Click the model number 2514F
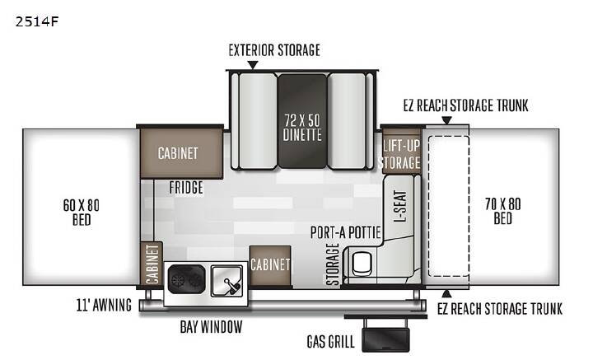click(x=37, y=21)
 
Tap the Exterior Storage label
click(x=274, y=50)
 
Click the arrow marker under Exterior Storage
click(x=253, y=65)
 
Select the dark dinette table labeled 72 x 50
click(x=302, y=121)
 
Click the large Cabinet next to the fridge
click(x=181, y=152)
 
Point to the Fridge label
click(x=186, y=188)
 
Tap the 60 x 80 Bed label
click(x=82, y=213)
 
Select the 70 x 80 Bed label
click(x=503, y=211)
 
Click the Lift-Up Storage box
click(x=402, y=152)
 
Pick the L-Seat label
click(x=400, y=206)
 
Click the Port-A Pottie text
click(x=345, y=232)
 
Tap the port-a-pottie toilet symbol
click(x=362, y=263)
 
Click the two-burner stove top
click(x=186, y=279)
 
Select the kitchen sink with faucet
click(x=227, y=281)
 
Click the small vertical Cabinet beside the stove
click(x=152, y=264)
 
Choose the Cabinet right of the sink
click(x=270, y=265)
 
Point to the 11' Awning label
click(x=104, y=305)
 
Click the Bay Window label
click(x=211, y=327)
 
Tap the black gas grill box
click(x=385, y=339)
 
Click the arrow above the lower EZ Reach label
click(x=446, y=293)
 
